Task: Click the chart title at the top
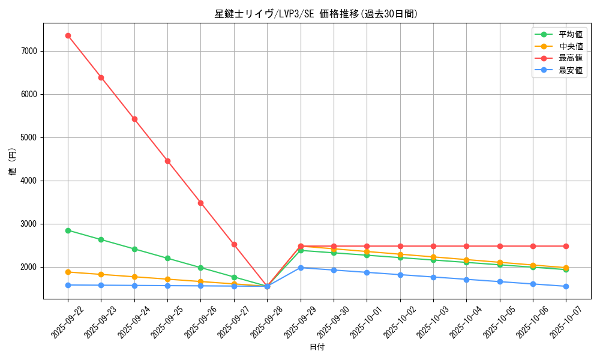pyautogui.click(x=316, y=14)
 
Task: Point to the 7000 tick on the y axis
pyautogui.click(x=29, y=51)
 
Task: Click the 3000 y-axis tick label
pyautogui.click(x=29, y=224)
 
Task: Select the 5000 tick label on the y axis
pyautogui.click(x=29, y=137)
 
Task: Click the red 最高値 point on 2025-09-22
pyautogui.click(x=68, y=35)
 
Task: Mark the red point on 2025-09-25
pyautogui.click(x=167, y=161)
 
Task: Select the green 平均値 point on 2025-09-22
pyautogui.click(x=68, y=230)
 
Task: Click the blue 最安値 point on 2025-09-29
pyautogui.click(x=301, y=268)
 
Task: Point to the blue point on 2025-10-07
pyautogui.click(x=566, y=286)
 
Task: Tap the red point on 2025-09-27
pyautogui.click(x=234, y=244)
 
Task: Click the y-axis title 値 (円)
pyautogui.click(x=13, y=161)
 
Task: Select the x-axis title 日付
pyautogui.click(x=317, y=347)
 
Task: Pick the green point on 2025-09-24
pyautogui.click(x=134, y=249)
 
